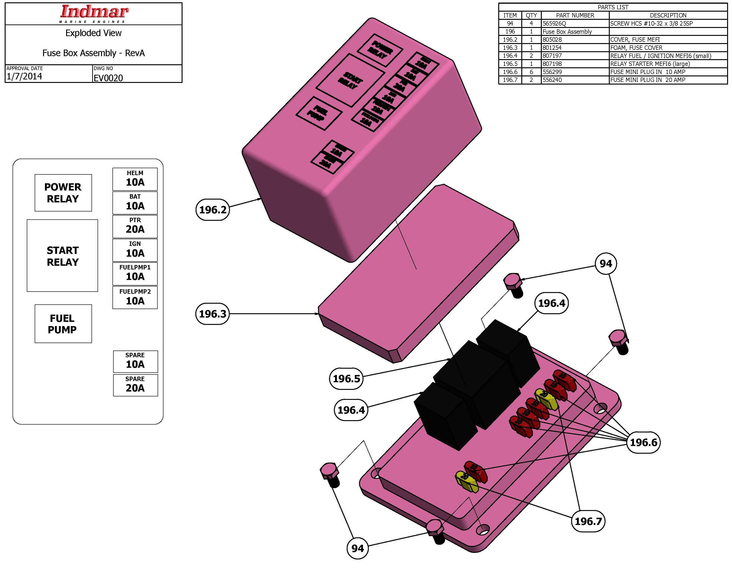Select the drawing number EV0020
point(108,78)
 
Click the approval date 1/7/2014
point(24,76)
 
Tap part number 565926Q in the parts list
point(554,24)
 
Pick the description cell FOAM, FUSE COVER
point(636,48)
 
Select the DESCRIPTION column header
point(668,15)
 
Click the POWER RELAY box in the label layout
point(63,193)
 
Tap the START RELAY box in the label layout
point(62,256)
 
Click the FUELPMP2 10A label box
point(135,297)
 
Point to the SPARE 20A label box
point(135,385)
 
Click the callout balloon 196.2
point(213,210)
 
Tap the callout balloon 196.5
point(346,378)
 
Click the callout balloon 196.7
point(588,521)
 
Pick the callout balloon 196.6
point(643,442)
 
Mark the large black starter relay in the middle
point(476,382)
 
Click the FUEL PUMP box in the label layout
point(63,323)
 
